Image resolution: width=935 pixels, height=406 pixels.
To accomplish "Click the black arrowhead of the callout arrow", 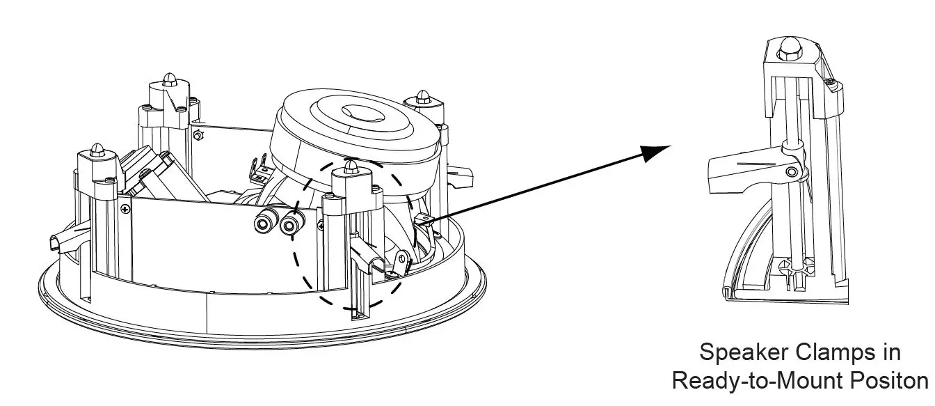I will (654, 152).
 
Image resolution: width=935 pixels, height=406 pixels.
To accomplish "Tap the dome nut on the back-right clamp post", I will (422, 95).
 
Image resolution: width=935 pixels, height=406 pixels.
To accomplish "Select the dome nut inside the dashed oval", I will (351, 167).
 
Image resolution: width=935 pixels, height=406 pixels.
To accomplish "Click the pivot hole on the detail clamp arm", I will (792, 172).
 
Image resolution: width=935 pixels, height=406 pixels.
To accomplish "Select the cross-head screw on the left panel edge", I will (124, 208).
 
